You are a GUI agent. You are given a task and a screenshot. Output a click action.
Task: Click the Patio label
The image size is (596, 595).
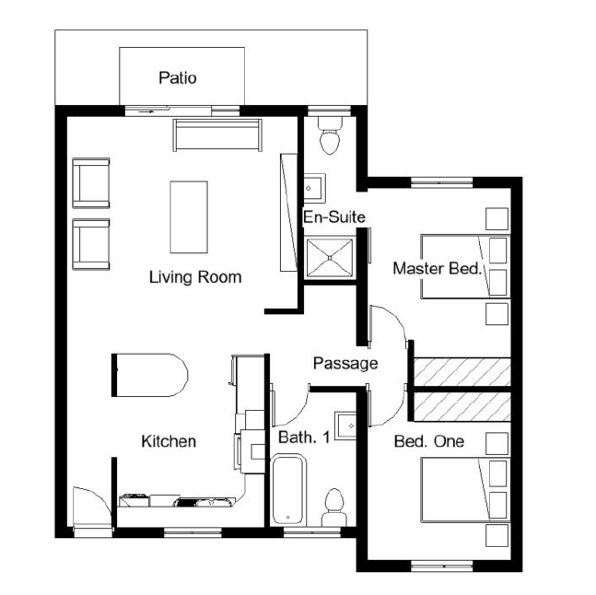pos(177,77)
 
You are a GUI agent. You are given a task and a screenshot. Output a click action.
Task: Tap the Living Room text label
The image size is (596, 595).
pos(195,276)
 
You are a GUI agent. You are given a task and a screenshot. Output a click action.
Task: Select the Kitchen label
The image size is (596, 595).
pos(168,441)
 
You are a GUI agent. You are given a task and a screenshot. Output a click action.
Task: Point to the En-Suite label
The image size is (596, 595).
pos(334,217)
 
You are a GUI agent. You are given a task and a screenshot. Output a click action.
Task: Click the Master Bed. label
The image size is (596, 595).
pos(438,269)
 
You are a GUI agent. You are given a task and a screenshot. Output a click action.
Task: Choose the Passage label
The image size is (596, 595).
pos(345,363)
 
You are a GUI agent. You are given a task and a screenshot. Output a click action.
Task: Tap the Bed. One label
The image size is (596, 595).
pos(428,441)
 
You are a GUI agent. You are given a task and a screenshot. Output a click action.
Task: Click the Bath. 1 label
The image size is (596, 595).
pos(304,437)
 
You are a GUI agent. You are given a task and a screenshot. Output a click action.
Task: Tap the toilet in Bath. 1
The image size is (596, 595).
pos(333,507)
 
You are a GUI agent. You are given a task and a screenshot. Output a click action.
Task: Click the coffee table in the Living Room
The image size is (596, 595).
pos(188,216)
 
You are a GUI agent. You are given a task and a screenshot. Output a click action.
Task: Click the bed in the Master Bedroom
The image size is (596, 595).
pos(454,265)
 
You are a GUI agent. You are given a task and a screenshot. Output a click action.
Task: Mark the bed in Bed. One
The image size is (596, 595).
pos(454,488)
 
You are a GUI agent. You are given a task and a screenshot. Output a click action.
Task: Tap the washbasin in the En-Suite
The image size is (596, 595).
pos(312,186)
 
